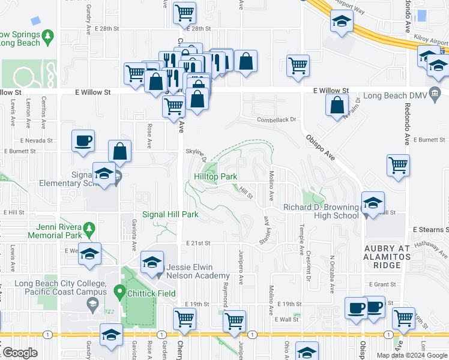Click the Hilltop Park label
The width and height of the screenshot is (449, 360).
click(x=215, y=177)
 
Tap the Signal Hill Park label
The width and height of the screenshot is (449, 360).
click(x=170, y=214)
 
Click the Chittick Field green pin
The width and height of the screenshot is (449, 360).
click(x=119, y=293)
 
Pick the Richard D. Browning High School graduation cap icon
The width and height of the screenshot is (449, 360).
click(x=372, y=204)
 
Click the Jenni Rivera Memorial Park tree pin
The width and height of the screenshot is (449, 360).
click(x=89, y=228)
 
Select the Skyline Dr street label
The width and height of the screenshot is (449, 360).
click(x=196, y=154)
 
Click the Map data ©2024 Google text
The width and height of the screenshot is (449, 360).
click(x=412, y=355)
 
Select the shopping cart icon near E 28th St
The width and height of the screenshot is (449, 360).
click(x=185, y=13)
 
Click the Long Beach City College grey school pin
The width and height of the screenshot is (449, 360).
click(x=93, y=306)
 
